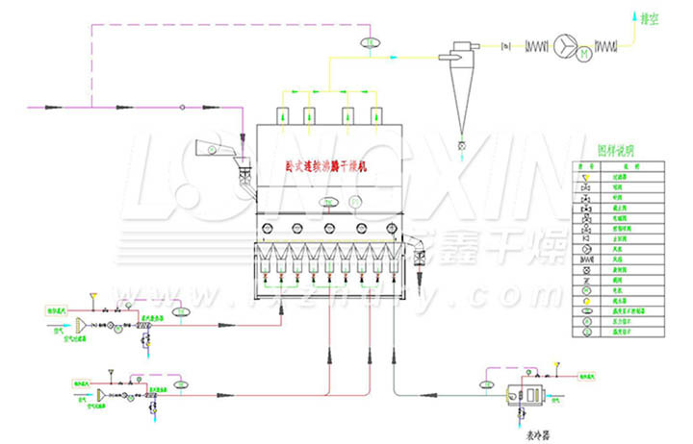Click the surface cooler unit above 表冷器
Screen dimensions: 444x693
(x=528, y=394)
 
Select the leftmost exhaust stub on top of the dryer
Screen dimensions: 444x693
(x=284, y=115)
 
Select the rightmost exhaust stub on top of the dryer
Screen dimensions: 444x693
(x=376, y=115)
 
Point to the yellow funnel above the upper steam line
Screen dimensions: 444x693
(x=91, y=294)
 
